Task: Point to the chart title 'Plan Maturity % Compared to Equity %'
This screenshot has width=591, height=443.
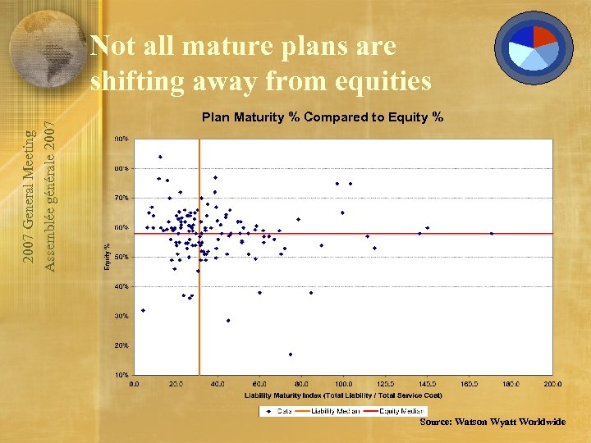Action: pos(323,116)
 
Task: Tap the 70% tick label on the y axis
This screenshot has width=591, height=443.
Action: pos(121,198)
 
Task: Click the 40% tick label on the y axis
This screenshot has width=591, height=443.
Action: pos(121,286)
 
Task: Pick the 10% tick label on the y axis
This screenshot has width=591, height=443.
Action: pos(121,374)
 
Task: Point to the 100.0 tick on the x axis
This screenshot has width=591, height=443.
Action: pos(342,383)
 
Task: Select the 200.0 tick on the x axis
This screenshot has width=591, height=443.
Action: pos(552,383)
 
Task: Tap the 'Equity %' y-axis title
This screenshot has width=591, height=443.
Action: pos(107,257)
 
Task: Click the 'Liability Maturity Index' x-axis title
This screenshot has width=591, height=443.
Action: pos(343,395)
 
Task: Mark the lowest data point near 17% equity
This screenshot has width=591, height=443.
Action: pos(291,354)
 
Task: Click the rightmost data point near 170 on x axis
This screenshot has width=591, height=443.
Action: pos(491,234)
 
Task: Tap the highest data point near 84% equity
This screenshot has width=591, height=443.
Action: pos(160,157)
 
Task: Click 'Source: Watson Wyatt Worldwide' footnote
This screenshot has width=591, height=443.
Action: pos(492,422)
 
